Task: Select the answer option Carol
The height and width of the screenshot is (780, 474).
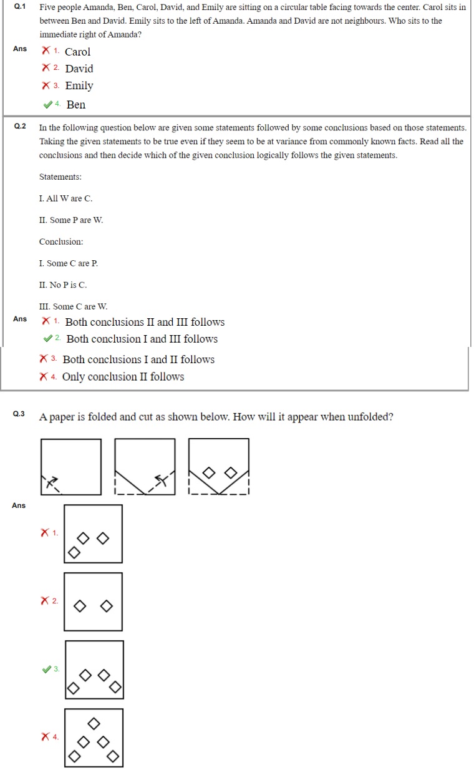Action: [x=77, y=52]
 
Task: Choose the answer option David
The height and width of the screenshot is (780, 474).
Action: [x=79, y=69]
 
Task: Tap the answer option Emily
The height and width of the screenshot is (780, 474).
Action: [x=79, y=85]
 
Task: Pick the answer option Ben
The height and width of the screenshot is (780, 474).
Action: [x=75, y=104]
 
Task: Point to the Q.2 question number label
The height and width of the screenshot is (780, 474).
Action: [x=20, y=126]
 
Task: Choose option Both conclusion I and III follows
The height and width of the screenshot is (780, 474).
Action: [x=142, y=339]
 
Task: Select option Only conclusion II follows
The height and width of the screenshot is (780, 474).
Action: [x=123, y=376]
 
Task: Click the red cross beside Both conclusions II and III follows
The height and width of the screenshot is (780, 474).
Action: [x=46, y=321]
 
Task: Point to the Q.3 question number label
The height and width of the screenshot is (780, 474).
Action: [x=19, y=414]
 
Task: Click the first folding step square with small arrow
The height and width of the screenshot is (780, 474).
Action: [x=70, y=467]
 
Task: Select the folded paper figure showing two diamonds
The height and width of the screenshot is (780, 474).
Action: [x=218, y=467]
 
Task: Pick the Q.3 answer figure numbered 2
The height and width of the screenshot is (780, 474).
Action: [x=93, y=602]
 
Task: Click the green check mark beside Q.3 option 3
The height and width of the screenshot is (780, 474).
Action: [x=47, y=669]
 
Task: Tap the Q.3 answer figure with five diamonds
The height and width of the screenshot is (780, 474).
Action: [x=94, y=738]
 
